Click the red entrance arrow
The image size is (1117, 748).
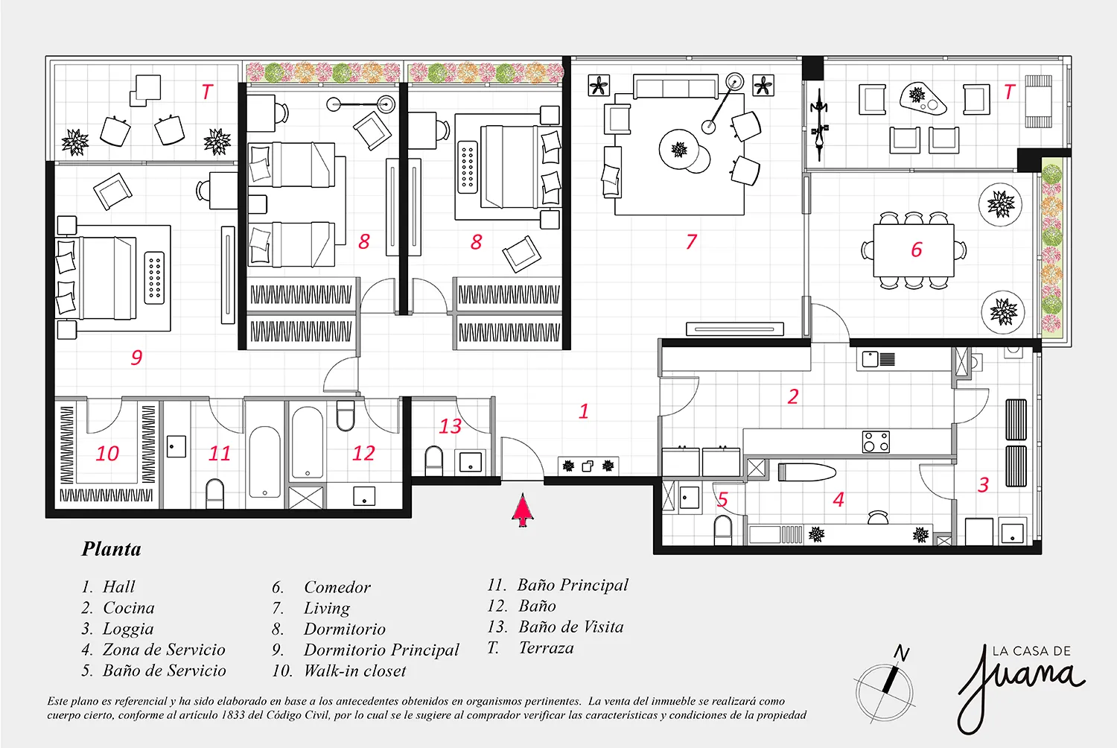(x=523, y=510)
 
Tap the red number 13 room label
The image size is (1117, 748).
(x=451, y=426)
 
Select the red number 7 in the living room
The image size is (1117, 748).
(x=690, y=241)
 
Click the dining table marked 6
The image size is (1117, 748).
(x=914, y=250)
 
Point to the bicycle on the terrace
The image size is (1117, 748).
(x=819, y=124)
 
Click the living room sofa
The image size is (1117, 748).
(x=675, y=86)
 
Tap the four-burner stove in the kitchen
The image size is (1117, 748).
(x=876, y=442)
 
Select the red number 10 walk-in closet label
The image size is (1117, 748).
(x=107, y=454)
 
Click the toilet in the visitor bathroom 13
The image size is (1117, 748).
(x=433, y=460)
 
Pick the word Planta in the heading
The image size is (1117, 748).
(x=111, y=549)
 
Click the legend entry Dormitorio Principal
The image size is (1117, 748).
(x=381, y=650)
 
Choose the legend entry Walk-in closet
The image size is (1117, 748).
(x=355, y=671)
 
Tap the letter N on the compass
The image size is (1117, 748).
(x=901, y=653)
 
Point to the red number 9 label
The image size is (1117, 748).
(x=136, y=358)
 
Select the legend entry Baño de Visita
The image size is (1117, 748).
(x=571, y=627)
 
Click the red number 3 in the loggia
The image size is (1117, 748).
(x=983, y=484)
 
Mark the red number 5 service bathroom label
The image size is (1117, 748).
(x=722, y=499)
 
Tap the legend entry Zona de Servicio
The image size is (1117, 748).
(x=164, y=650)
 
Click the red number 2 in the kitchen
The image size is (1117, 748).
(x=793, y=396)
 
